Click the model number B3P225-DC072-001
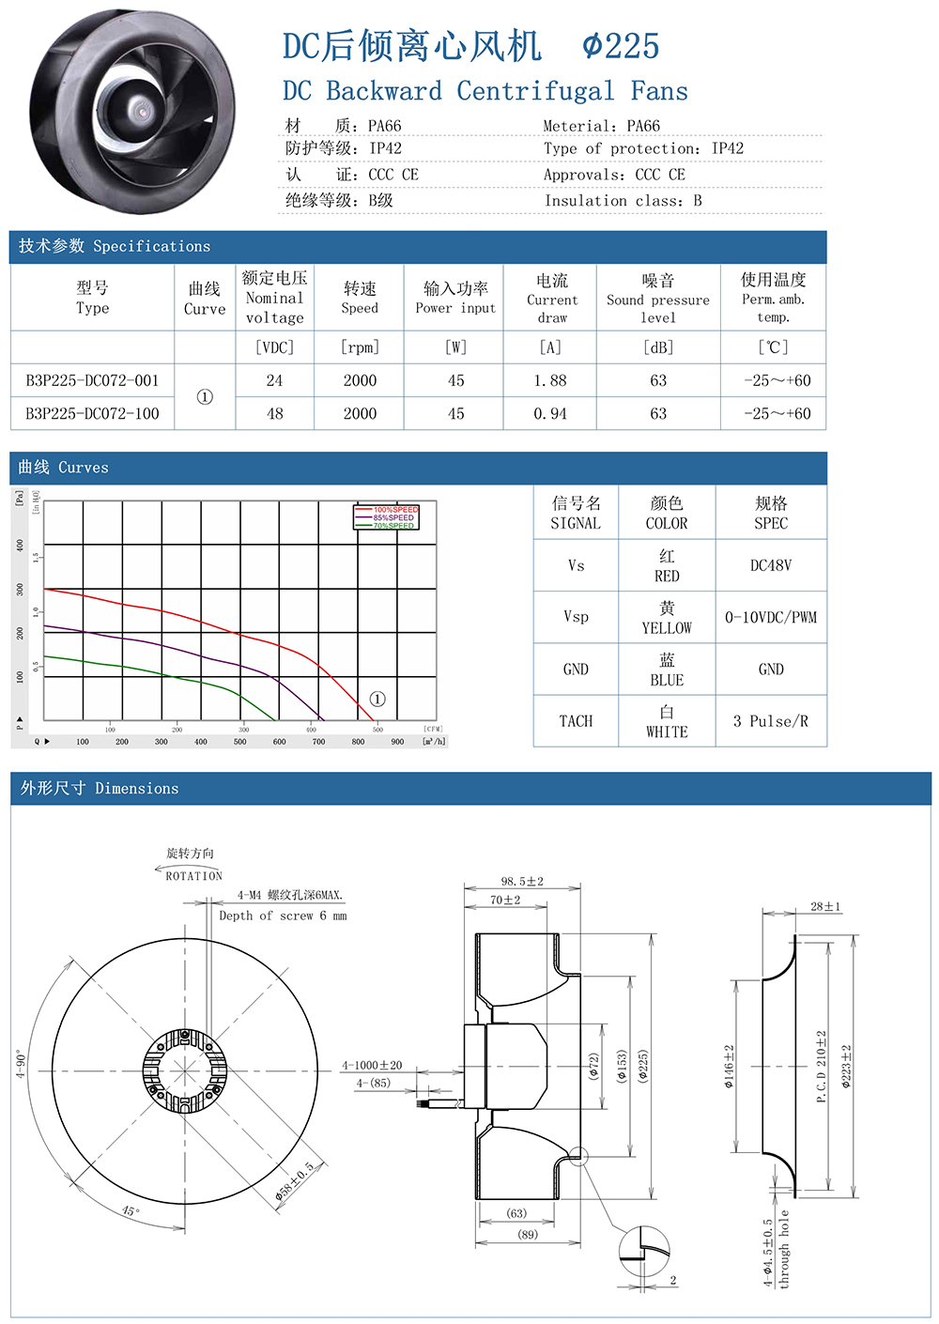click(92, 380)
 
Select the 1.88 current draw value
click(550, 380)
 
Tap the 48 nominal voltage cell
click(274, 413)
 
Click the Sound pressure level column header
click(657, 299)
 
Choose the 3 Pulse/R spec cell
click(771, 721)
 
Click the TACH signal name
click(576, 721)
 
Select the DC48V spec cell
click(771, 565)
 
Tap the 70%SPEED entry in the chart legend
click(393, 526)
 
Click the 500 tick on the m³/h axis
click(240, 742)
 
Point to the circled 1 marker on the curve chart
click(377, 699)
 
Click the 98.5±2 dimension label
click(522, 881)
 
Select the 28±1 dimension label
click(825, 906)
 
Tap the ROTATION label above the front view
click(193, 875)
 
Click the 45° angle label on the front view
click(131, 1210)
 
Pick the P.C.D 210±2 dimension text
click(822, 1066)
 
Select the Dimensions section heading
click(100, 789)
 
